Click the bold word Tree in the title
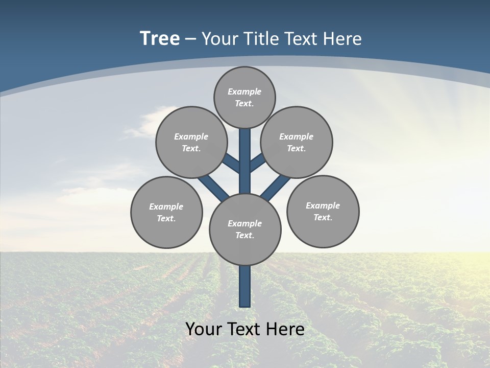click(x=160, y=38)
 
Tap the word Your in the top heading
click(x=218, y=38)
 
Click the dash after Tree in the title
click(x=190, y=39)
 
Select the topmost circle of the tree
click(x=244, y=97)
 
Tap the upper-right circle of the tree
click(x=297, y=142)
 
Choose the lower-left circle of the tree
click(x=166, y=212)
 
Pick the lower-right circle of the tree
click(x=323, y=211)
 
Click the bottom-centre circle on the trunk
click(x=245, y=229)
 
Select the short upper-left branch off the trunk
click(x=233, y=164)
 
